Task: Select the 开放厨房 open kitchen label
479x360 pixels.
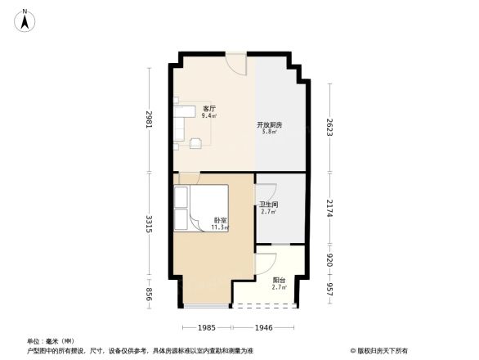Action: point(270,126)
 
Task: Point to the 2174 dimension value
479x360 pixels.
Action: point(329,208)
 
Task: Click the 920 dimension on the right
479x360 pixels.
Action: point(329,263)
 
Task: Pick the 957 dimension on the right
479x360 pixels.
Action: point(329,290)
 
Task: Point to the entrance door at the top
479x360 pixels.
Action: point(236,61)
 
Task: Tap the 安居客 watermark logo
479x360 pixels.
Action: point(380,350)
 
